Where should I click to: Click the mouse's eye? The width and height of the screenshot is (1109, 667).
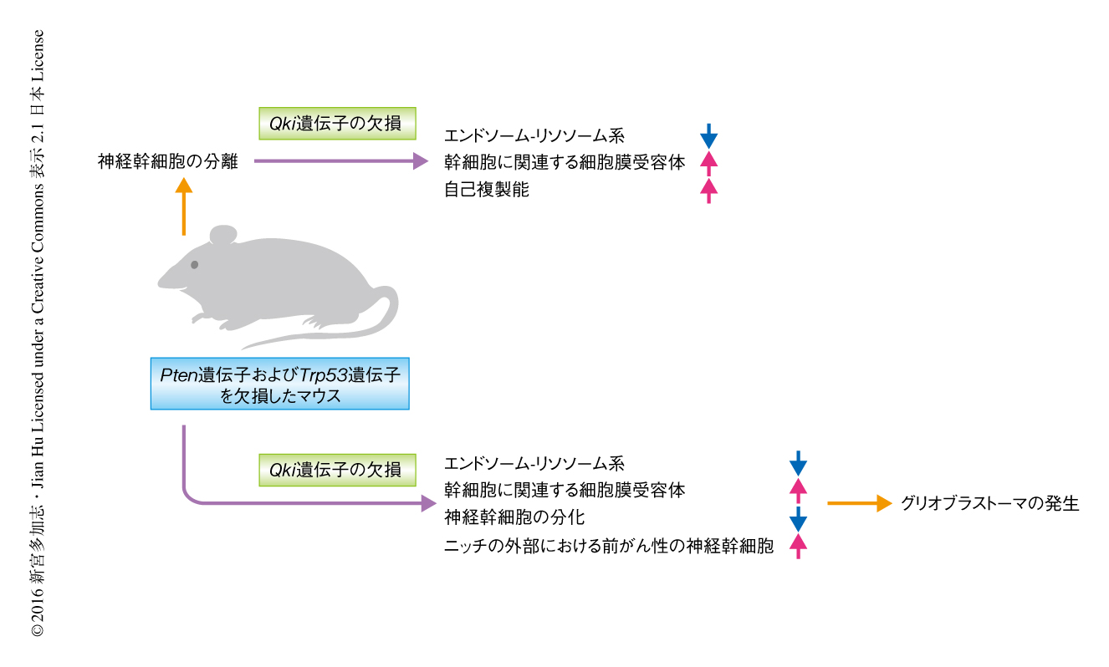pyautogui.click(x=195, y=264)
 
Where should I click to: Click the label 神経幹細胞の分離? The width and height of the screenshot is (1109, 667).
pyautogui.click(x=168, y=162)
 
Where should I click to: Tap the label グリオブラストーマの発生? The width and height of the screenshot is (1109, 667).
pyautogui.click(x=990, y=503)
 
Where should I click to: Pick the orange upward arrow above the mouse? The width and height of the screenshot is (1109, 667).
pyautogui.click(x=184, y=208)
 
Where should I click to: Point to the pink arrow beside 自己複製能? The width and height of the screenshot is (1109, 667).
pyautogui.click(x=708, y=191)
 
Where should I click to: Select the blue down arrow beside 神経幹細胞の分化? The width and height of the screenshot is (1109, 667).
pyautogui.click(x=798, y=518)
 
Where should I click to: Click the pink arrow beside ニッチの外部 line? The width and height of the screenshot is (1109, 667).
pyautogui.click(x=798, y=546)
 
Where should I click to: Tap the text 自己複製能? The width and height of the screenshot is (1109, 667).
pyautogui.click(x=487, y=190)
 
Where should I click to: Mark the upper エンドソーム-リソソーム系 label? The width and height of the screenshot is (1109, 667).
pyautogui.click(x=534, y=135)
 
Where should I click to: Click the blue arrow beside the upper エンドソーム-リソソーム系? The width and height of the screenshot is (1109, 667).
pyautogui.click(x=708, y=135)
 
